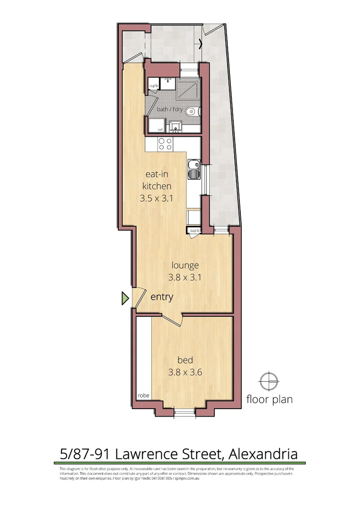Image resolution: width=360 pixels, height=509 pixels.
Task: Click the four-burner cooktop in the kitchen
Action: click(165, 144)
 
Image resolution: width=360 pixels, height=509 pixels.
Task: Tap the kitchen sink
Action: click(193, 170)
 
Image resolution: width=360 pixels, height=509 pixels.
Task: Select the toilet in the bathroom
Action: click(192, 112)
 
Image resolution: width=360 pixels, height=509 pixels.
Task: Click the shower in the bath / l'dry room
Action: click(188, 88)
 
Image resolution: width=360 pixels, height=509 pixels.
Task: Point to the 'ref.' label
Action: click(154, 129)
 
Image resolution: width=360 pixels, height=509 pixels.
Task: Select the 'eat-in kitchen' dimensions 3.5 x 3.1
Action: click(157, 198)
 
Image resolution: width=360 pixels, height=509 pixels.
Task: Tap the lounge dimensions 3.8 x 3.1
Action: click(185, 277)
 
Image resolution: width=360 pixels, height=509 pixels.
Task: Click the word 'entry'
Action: click(162, 297)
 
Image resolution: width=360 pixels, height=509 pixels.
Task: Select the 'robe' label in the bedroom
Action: click(143, 396)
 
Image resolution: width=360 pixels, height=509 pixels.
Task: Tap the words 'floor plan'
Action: click(270, 400)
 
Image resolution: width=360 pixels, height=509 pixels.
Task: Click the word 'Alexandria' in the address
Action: click(262, 454)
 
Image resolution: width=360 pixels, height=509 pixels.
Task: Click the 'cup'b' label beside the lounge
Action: click(194, 230)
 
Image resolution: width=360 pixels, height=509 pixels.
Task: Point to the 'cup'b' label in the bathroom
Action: click(153, 86)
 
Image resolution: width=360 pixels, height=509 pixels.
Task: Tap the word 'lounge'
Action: click(185, 265)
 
